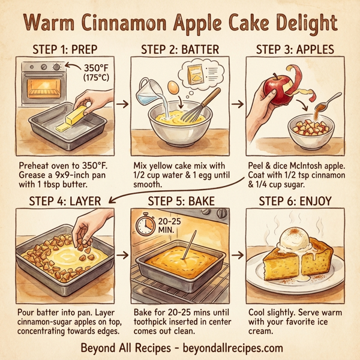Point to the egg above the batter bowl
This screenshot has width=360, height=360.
174,88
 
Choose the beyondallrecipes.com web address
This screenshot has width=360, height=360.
228,348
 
